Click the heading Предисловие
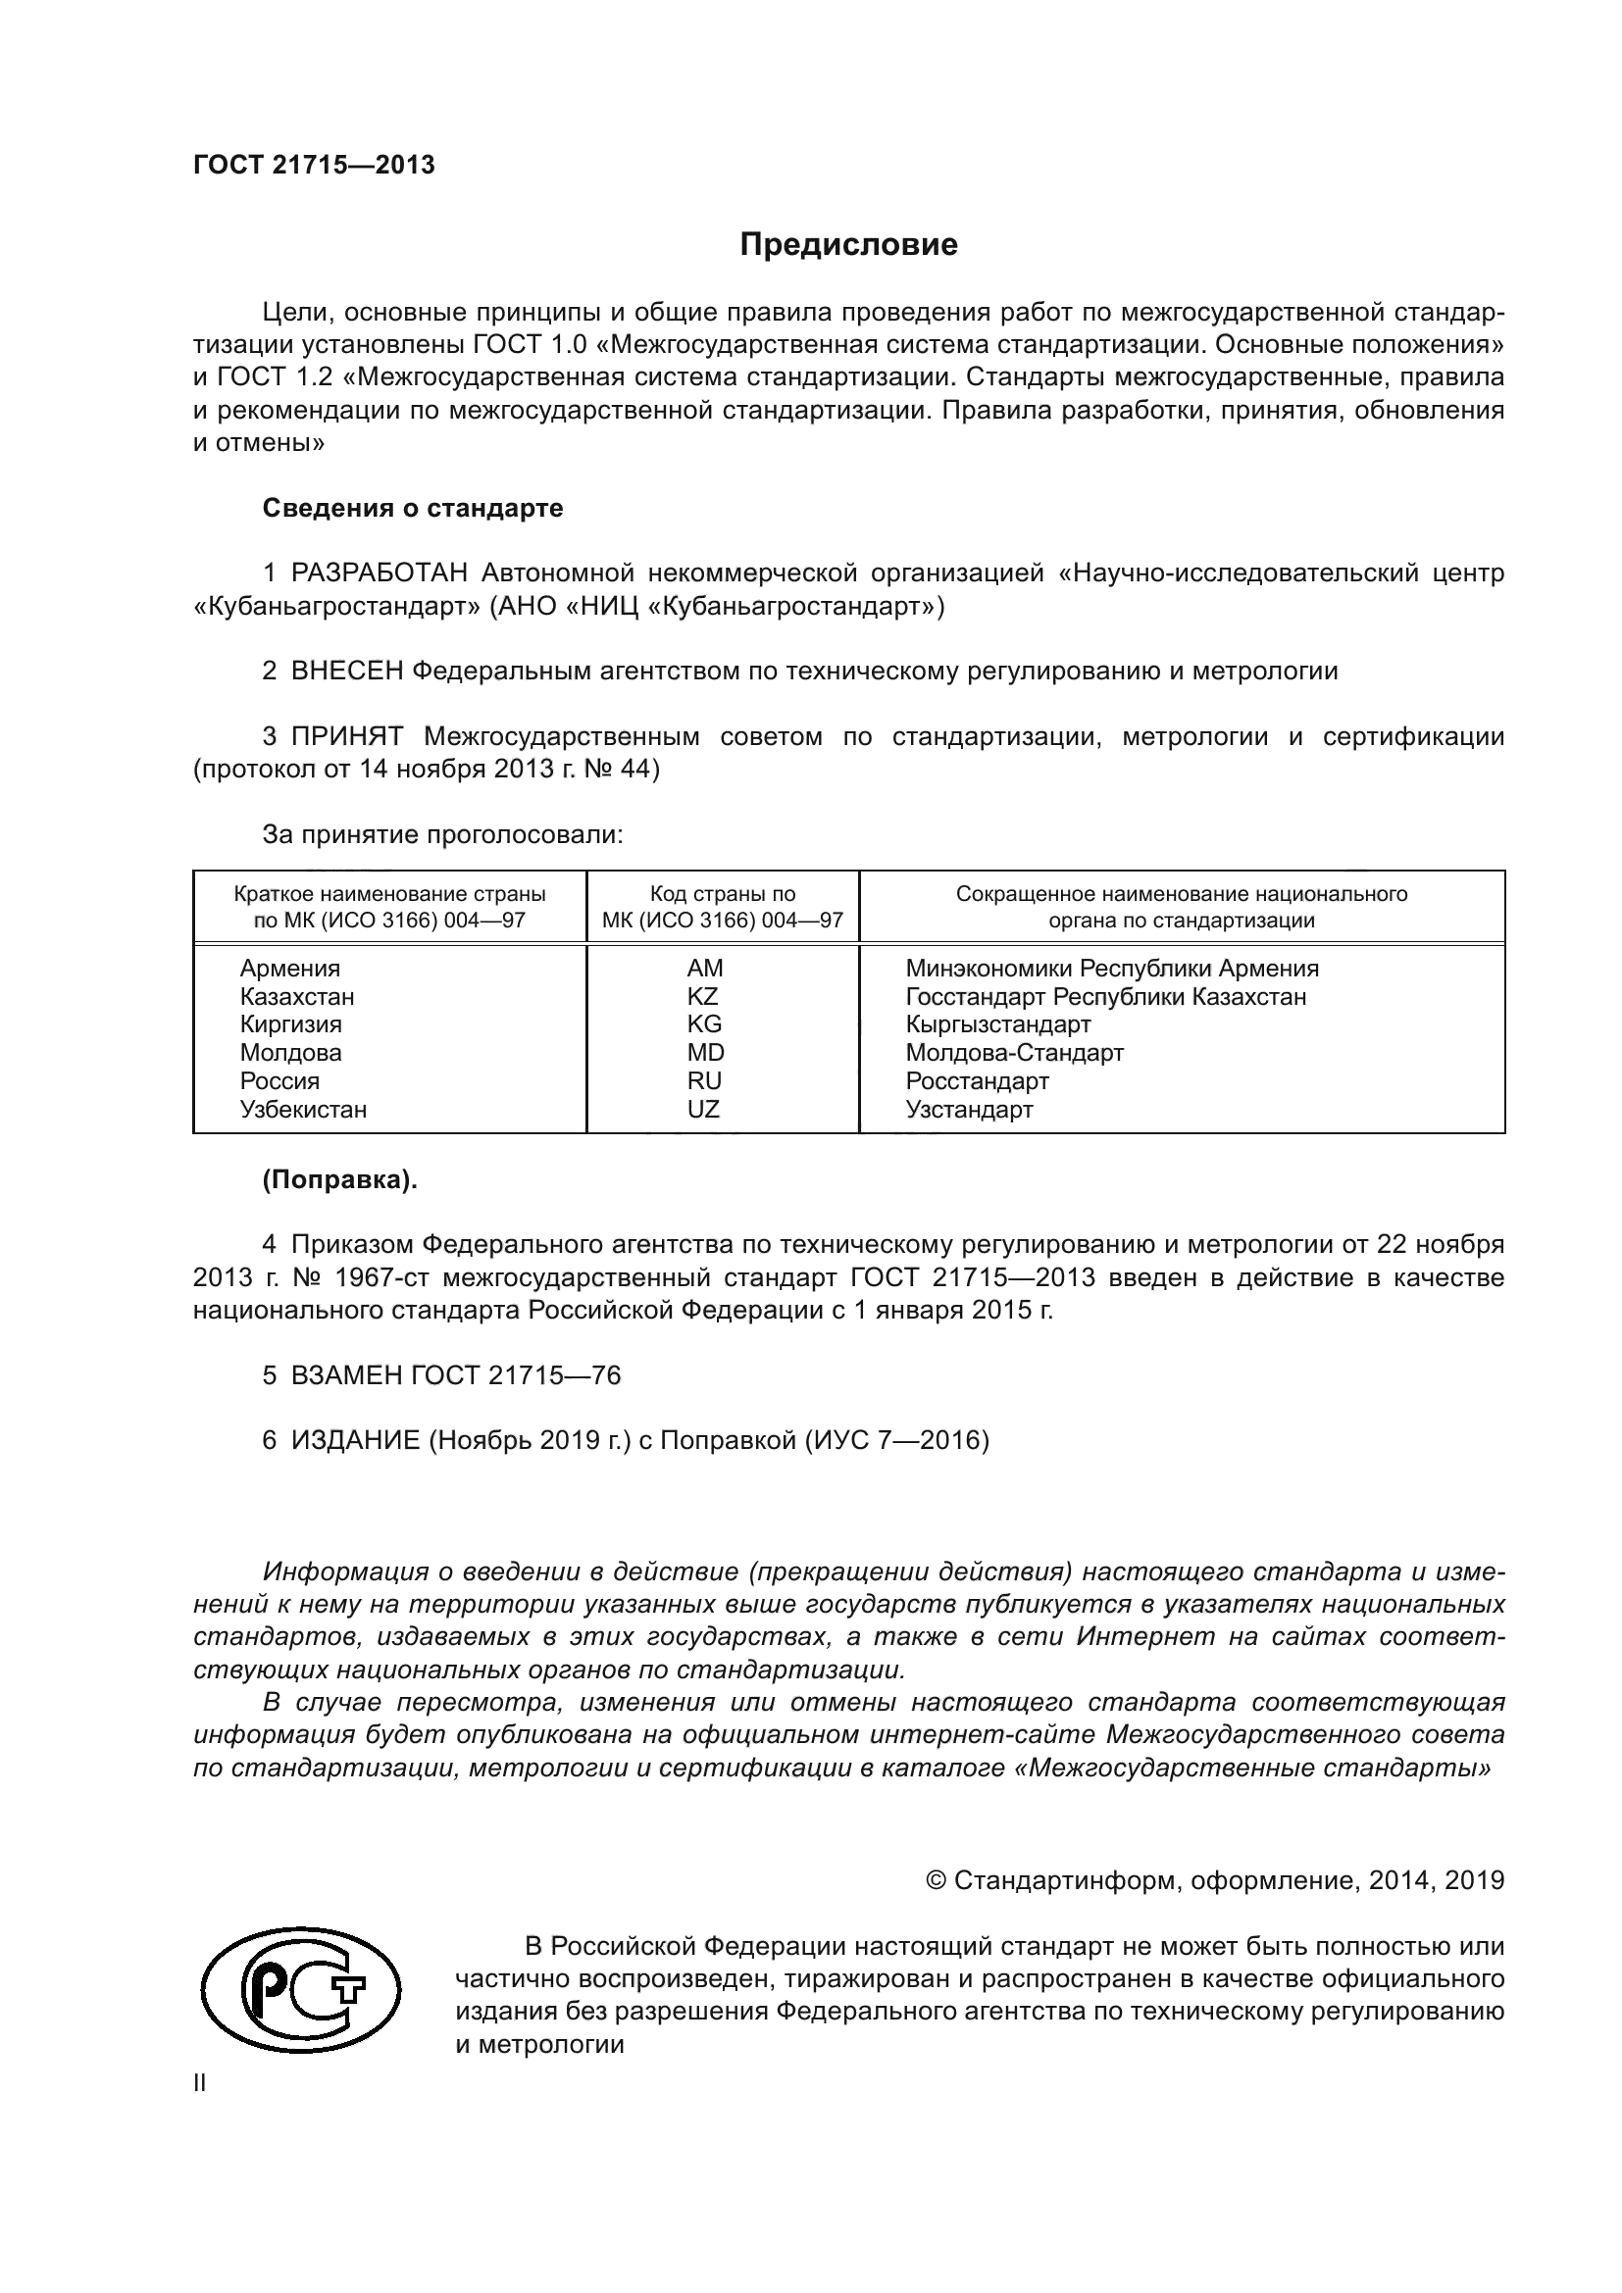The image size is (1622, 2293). click(848, 245)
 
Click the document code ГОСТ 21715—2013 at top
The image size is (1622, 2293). click(314, 166)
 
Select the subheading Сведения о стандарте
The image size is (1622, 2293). click(413, 509)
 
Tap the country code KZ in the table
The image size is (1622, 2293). click(703, 997)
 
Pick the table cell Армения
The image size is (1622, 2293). click(289, 969)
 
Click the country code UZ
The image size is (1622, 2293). click(703, 1110)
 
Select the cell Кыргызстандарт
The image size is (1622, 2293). click(997, 1024)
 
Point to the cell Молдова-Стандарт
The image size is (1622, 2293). click(1015, 1053)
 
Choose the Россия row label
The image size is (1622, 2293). click(279, 1081)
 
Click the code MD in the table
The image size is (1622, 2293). click(705, 1053)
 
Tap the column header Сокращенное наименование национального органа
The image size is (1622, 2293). click(1182, 907)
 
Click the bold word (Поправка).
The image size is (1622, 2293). click(339, 1180)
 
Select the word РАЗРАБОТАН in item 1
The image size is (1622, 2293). click(379, 574)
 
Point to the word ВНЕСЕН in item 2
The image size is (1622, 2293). click(346, 672)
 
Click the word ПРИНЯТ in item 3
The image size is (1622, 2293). click(346, 738)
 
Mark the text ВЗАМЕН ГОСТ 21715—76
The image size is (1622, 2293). click(455, 1376)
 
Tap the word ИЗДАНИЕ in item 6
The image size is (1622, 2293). click(356, 1441)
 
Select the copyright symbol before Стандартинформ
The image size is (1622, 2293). click(936, 1881)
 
